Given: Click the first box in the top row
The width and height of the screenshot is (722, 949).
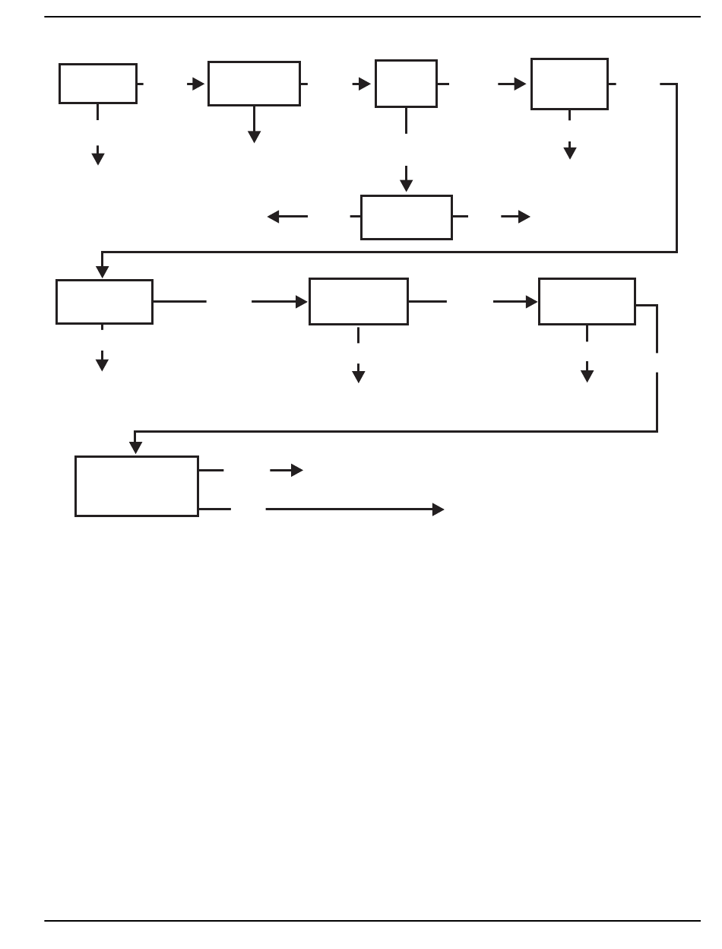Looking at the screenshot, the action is pos(98,84).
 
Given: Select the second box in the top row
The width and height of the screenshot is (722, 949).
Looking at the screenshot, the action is pos(254,84).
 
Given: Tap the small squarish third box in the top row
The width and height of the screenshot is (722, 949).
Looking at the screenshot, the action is pos(406,84).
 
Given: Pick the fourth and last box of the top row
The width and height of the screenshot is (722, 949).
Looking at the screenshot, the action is pos(569,84).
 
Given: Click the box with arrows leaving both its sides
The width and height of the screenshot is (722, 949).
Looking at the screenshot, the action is pos(407,217).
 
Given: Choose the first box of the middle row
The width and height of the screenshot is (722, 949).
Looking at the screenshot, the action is pos(104,302).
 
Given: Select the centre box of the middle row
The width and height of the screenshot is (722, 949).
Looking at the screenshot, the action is pos(359,302).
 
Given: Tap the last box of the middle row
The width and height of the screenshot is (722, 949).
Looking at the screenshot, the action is pos(587,302).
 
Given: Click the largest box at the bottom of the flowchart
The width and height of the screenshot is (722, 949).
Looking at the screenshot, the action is pos(137,486).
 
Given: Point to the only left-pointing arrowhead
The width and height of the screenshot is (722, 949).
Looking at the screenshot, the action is pos(274,217).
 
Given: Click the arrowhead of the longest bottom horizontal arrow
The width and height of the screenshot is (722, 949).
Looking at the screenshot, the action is pos(438,509).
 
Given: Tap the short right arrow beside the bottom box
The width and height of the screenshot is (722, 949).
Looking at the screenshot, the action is pos(287,471).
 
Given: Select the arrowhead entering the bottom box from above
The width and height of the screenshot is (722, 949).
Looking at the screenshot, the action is pos(135,448).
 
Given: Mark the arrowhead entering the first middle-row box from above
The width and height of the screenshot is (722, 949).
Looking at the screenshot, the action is pos(102,272).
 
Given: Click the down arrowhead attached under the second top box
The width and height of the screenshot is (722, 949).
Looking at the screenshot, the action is pos(254,137).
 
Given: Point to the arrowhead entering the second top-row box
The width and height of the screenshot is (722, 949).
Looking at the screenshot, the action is pos(198,84).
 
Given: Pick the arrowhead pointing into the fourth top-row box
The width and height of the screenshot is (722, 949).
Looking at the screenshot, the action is pos(520,84).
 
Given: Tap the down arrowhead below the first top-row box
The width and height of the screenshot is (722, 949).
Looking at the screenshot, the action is pos(98,158).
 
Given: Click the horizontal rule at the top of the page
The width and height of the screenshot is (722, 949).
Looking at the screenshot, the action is pos(372,17).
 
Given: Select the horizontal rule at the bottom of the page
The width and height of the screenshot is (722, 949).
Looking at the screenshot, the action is pos(372,921).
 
